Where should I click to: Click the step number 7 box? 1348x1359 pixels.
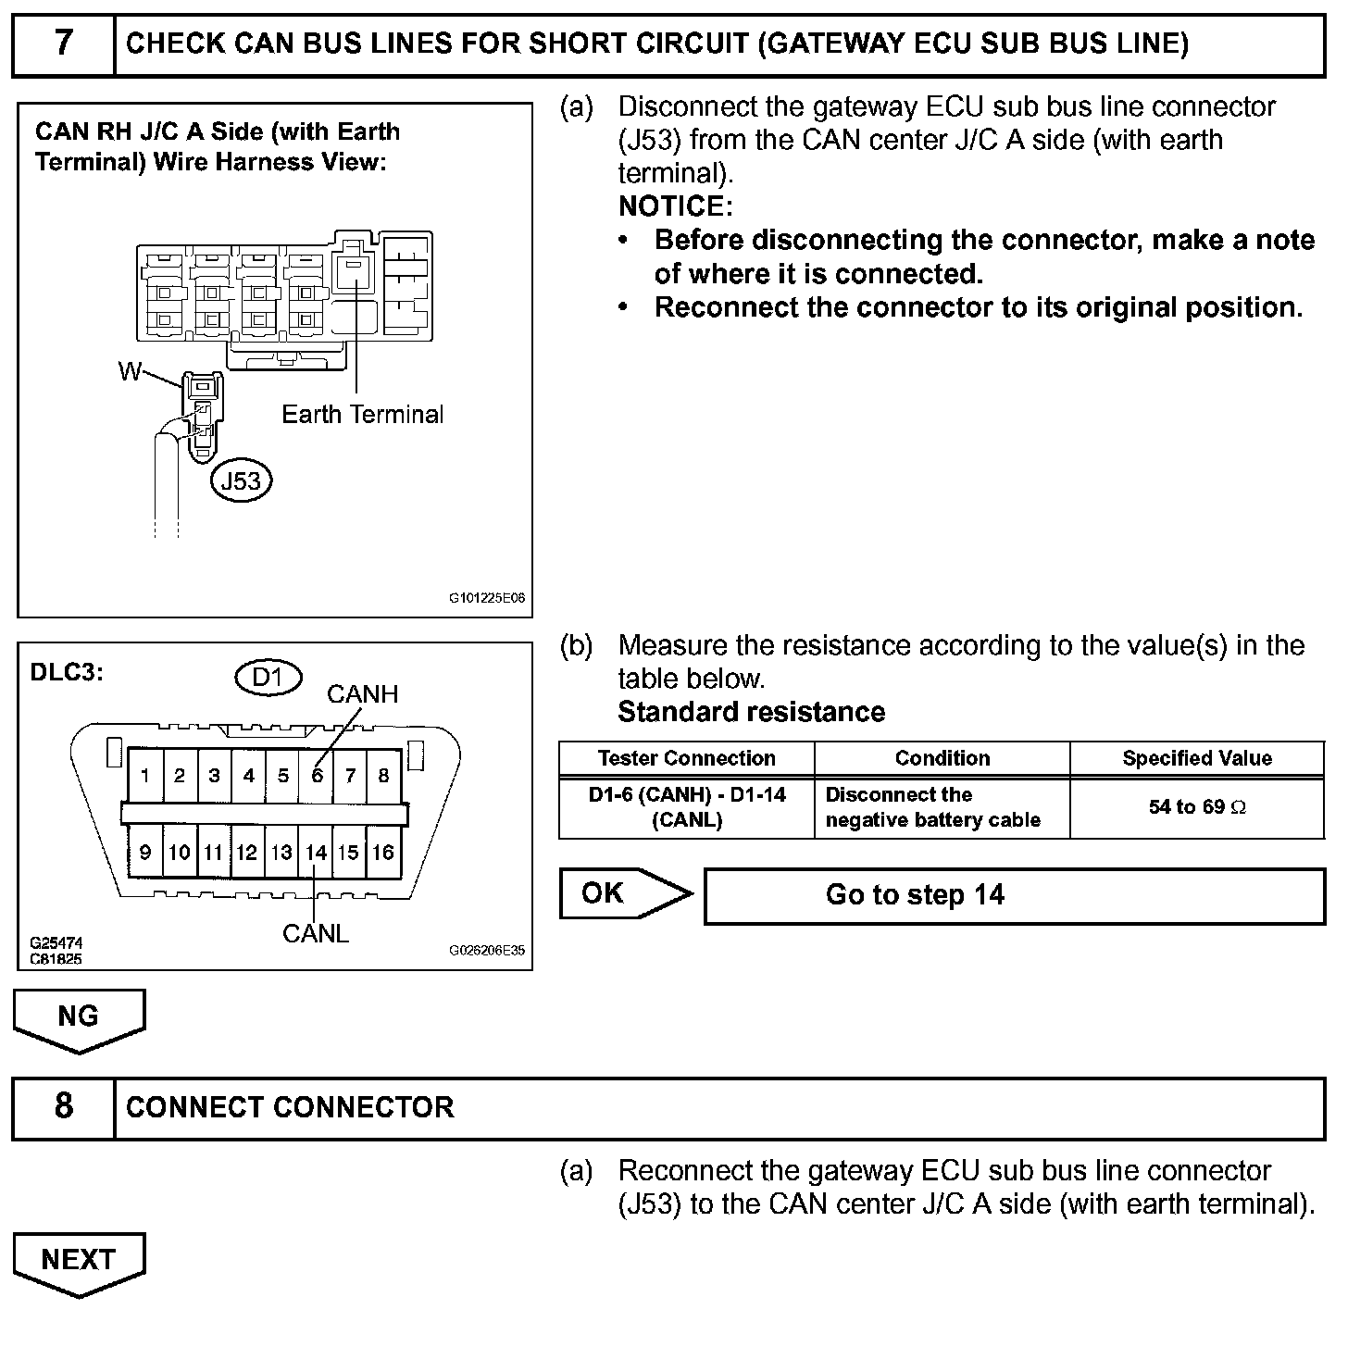click(63, 44)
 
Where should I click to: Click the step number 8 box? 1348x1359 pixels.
click(63, 1107)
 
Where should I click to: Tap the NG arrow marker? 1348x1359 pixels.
click(79, 1017)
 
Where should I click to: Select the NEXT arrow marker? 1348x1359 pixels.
click(79, 1261)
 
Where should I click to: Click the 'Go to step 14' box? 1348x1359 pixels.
click(1014, 895)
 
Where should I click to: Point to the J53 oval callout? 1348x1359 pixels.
click(243, 480)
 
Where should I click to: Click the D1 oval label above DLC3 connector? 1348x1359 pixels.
click(268, 678)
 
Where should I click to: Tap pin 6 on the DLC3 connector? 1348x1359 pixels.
click(317, 776)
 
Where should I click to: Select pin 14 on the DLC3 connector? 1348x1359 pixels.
click(317, 853)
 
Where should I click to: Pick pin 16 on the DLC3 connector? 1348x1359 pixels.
click(383, 853)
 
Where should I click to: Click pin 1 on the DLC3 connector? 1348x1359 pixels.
click(145, 776)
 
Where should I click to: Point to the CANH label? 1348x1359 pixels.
click(362, 694)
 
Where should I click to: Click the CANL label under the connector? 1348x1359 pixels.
click(316, 934)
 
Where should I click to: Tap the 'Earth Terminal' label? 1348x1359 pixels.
click(362, 415)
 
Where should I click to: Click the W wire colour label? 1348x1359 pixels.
click(130, 372)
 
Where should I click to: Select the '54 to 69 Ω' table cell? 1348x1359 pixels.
click(1197, 807)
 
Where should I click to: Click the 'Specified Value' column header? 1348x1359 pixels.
click(1197, 759)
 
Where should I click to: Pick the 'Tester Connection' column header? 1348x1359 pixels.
click(686, 759)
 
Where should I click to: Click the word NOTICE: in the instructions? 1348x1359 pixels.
click(675, 206)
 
